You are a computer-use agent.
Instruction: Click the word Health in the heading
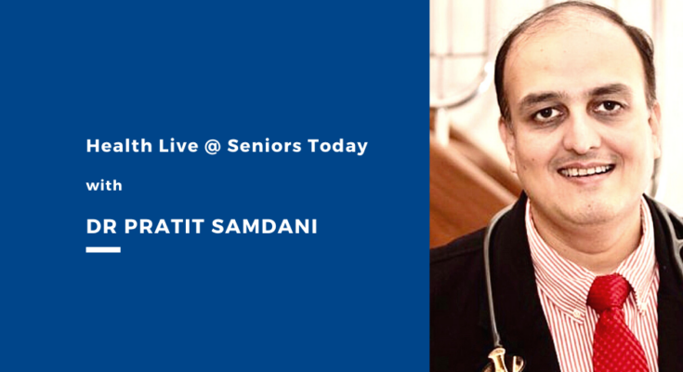tap(119, 146)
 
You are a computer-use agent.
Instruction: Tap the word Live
tap(178, 146)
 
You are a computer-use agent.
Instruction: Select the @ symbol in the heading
tap(213, 147)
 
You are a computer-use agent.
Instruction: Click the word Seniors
tap(264, 146)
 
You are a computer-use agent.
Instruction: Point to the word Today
tap(337, 147)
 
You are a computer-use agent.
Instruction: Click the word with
tap(104, 186)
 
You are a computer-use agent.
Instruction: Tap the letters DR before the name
tap(102, 226)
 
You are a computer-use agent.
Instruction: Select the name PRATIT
tap(164, 226)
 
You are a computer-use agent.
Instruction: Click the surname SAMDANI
tap(265, 226)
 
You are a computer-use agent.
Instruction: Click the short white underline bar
tap(103, 250)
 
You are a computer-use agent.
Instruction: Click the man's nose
tap(579, 135)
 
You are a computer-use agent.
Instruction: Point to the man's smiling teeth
tap(585, 170)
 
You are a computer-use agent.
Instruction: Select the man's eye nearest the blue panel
tap(547, 113)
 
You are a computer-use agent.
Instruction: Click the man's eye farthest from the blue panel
tap(609, 105)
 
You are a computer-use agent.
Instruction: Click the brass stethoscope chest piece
tap(504, 361)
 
